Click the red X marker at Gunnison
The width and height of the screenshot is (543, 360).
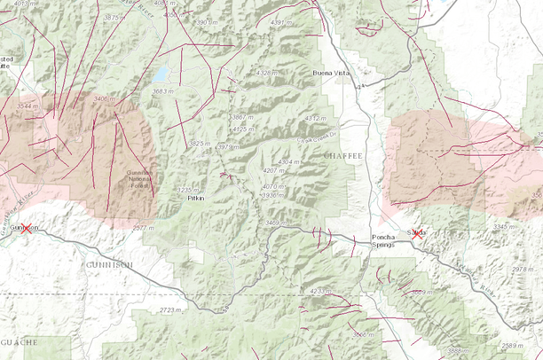(27, 229)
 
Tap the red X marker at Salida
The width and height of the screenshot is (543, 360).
(417, 235)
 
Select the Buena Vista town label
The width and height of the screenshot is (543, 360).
(334, 73)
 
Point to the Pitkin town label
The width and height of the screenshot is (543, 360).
(196, 200)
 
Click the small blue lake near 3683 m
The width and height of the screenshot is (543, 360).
(163, 74)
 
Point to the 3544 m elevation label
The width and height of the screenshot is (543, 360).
(29, 106)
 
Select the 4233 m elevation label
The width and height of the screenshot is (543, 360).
(321, 291)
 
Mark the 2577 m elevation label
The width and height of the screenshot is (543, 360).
(144, 228)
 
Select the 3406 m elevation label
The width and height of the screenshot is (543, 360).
(105, 99)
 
